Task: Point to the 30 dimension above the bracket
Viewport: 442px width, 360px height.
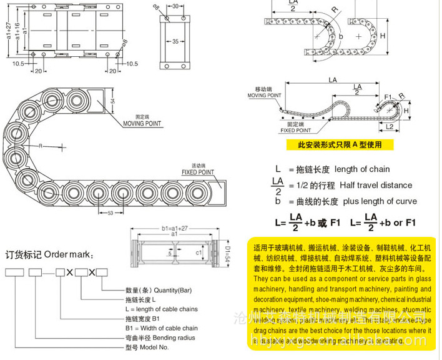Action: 175,6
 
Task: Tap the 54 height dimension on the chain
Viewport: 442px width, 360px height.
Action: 112,100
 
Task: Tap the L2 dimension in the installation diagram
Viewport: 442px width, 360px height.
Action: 389,127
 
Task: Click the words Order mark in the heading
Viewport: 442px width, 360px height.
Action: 70,254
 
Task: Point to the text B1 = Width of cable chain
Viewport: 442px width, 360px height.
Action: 162,328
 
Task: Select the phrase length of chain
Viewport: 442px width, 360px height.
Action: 362,169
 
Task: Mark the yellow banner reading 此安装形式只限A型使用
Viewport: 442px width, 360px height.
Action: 339,144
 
